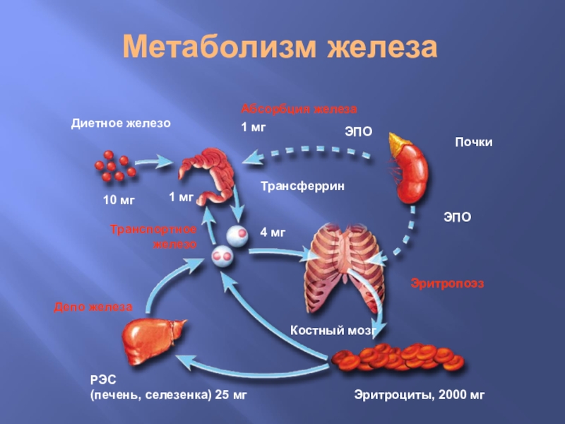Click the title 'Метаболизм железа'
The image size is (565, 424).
281,48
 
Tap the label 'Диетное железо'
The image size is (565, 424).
121,123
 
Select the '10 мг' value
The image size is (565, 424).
119,201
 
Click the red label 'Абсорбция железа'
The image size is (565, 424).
299,110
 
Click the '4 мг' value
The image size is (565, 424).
273,232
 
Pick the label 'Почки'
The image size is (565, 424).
472,143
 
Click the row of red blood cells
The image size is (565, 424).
399,358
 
